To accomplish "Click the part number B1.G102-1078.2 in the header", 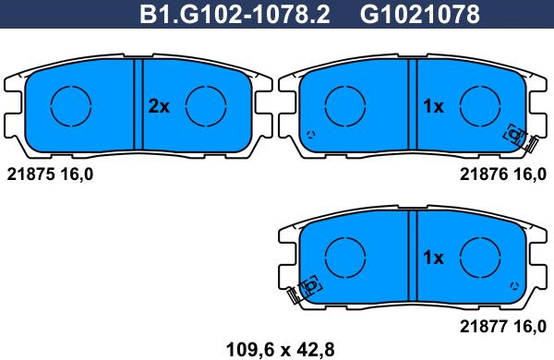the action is (235, 15).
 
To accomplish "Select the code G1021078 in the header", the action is (420, 15).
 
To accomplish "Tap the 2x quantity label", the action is (159, 106).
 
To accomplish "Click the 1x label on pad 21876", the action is (433, 106).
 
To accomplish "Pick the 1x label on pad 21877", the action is (433, 258).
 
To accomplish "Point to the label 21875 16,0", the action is (50, 174).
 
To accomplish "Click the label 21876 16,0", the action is (503, 174).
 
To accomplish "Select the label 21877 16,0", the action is (503, 326).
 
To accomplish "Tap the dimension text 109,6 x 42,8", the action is (280, 350).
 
